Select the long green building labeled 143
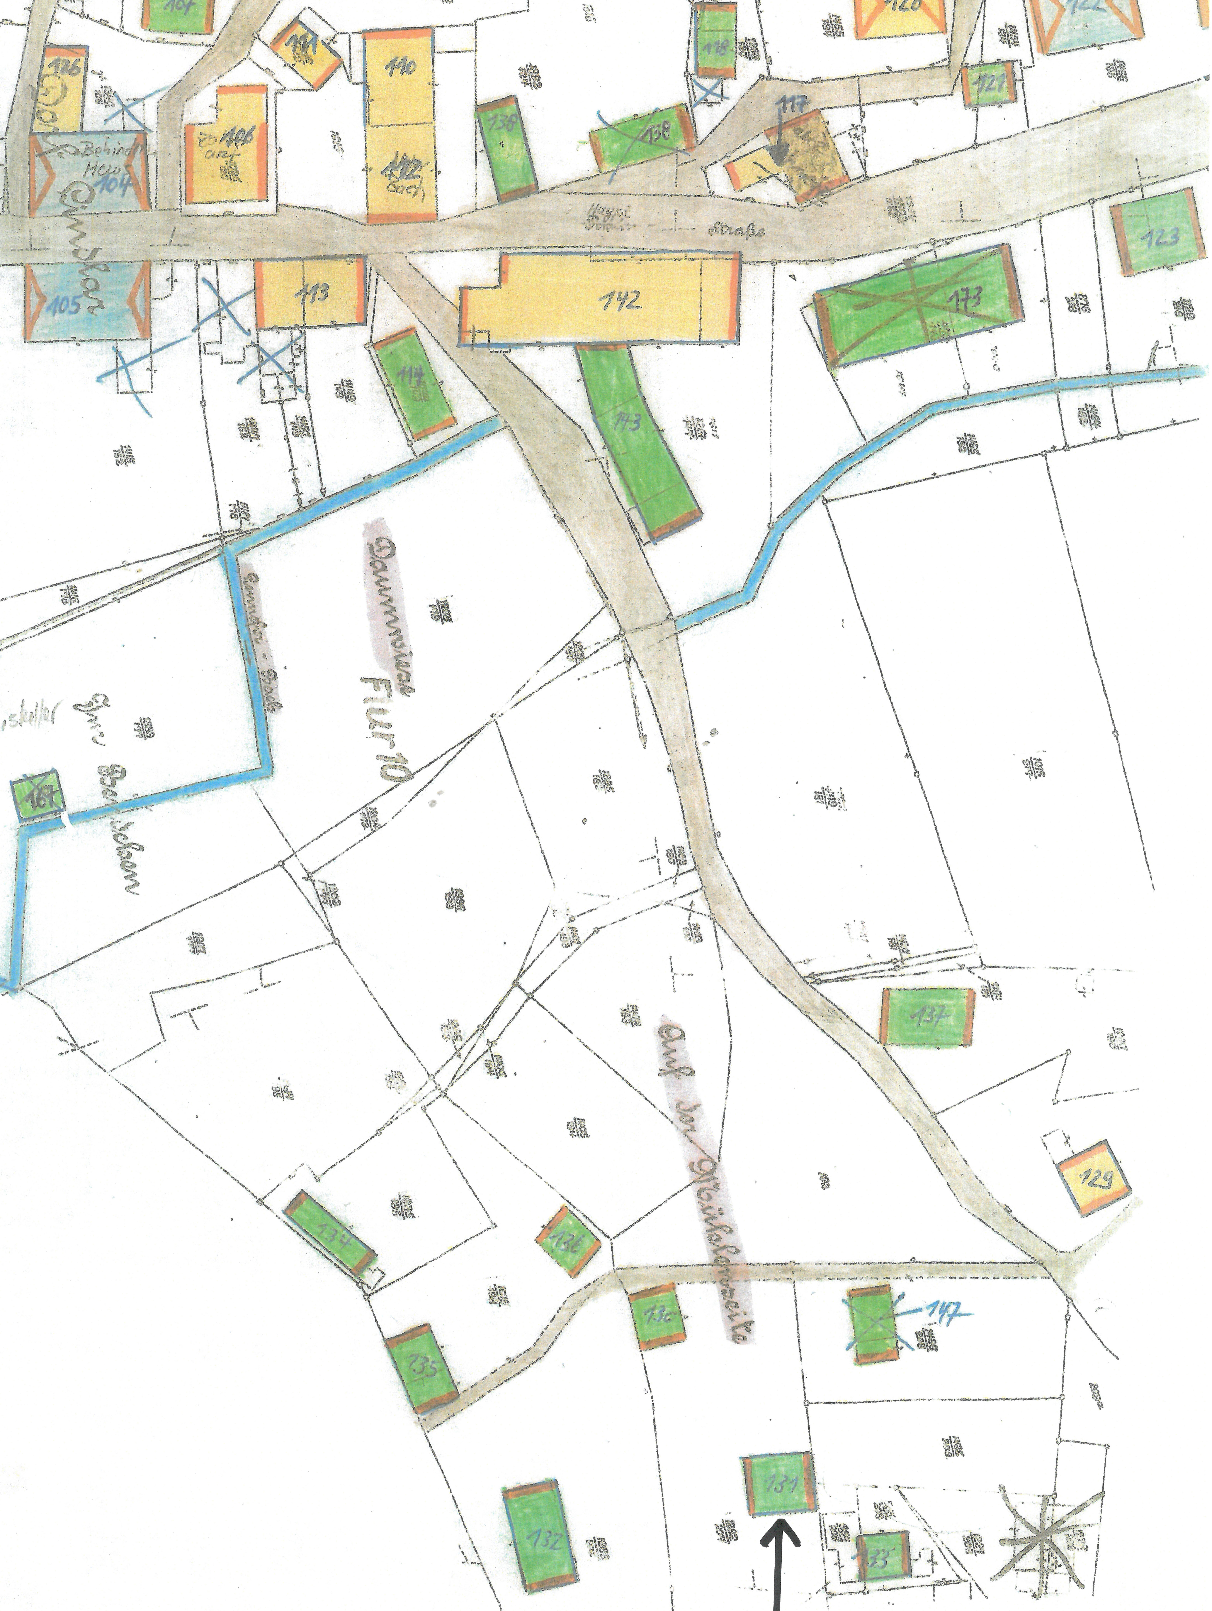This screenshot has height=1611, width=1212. click(637, 437)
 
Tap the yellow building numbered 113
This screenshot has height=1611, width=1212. click(309, 293)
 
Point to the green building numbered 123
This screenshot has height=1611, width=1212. click(1157, 232)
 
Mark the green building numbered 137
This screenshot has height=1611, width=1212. click(927, 1016)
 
